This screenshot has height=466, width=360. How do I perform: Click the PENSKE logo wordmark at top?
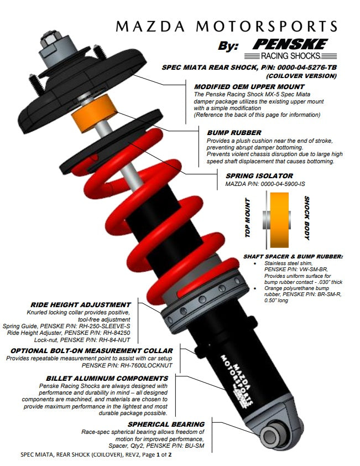(x=290, y=44)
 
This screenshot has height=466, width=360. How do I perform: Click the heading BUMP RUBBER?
(x=234, y=132)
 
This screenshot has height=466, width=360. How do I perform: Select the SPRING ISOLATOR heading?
(x=259, y=175)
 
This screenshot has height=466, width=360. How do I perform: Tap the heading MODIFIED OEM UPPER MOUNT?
(x=249, y=87)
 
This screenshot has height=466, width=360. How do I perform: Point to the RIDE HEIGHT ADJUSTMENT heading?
(x=81, y=304)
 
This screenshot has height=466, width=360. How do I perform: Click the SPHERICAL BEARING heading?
(x=166, y=424)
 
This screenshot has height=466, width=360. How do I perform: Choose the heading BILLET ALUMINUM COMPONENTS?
(x=107, y=379)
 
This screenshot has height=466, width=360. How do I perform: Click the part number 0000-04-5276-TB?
(x=307, y=68)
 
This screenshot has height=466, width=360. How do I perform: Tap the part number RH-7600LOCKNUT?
(x=147, y=365)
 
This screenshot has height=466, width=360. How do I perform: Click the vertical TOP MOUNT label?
(x=248, y=218)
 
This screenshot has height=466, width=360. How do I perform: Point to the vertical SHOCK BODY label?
(x=307, y=218)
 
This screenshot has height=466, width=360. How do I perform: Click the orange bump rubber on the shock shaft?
(x=94, y=113)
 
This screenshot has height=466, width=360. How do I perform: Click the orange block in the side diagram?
(x=279, y=220)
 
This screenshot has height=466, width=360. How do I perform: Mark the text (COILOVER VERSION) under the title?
(x=301, y=76)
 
